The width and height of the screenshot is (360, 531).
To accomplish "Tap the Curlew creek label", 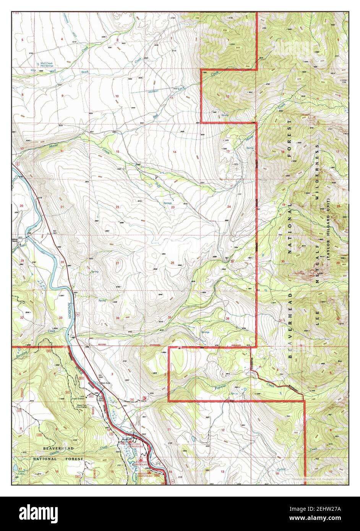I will coord(281,469).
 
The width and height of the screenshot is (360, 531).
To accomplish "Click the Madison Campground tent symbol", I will coord(149,472).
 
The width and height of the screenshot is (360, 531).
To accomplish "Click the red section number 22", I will coord(118,207).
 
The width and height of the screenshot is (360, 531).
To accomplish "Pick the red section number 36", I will coord(228,319).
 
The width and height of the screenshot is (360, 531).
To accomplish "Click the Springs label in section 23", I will coord(167,203).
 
